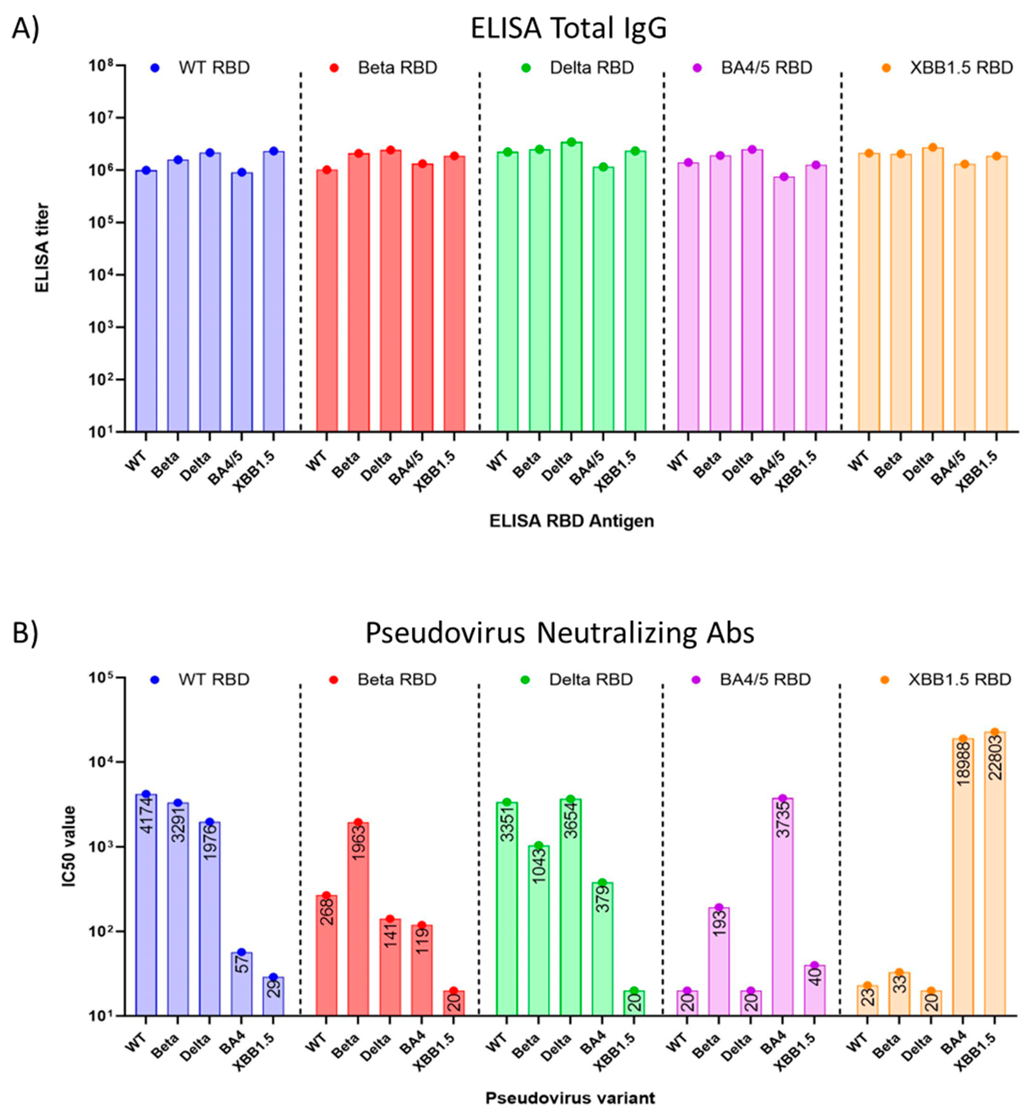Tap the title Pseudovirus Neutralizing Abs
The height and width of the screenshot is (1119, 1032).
coord(560,633)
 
